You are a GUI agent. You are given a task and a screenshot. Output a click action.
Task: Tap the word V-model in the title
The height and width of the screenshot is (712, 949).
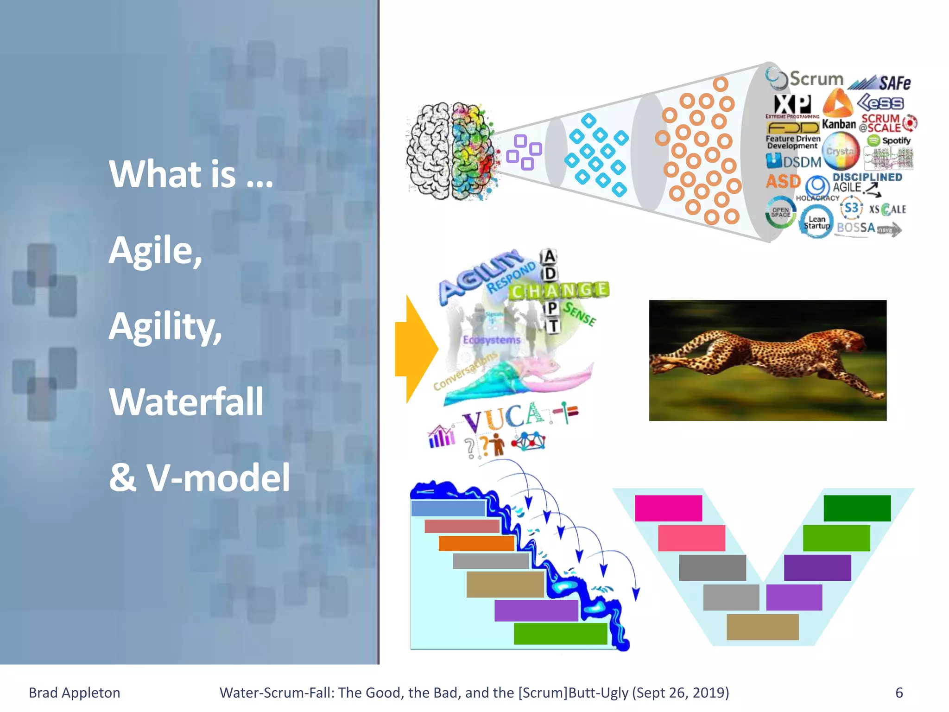pos(218,477)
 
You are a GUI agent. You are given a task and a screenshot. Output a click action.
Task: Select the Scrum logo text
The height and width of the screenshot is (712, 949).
pos(816,79)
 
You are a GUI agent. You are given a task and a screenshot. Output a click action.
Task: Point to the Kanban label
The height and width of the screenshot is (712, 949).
pos(839,124)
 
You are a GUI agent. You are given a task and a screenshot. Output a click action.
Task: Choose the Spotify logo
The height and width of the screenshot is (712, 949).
pos(889,140)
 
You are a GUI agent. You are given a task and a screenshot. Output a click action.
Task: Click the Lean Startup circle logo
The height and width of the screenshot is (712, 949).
pos(816,222)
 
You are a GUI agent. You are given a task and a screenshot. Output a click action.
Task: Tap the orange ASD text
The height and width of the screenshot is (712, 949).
pos(783,181)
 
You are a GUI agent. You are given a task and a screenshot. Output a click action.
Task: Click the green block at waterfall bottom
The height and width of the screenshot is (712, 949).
pos(560,633)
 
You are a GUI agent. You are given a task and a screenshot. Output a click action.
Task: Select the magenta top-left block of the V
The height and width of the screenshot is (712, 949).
pos(668,508)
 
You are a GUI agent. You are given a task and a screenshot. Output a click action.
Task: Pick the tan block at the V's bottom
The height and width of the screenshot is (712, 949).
pos(762,627)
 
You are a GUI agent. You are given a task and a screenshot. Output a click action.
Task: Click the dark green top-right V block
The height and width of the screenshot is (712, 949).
pos(857,508)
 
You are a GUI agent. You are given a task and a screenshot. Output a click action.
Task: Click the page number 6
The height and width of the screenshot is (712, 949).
pos(899,693)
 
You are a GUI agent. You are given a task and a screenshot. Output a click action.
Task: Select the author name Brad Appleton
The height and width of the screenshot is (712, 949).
pos(75,693)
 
